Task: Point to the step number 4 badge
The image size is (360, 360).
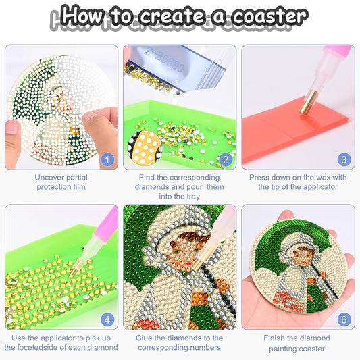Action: click(x=107, y=319)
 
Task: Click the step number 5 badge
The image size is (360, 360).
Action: click(x=226, y=319)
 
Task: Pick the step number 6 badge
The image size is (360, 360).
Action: click(x=344, y=319)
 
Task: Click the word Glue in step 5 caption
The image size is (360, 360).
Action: click(x=147, y=338)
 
